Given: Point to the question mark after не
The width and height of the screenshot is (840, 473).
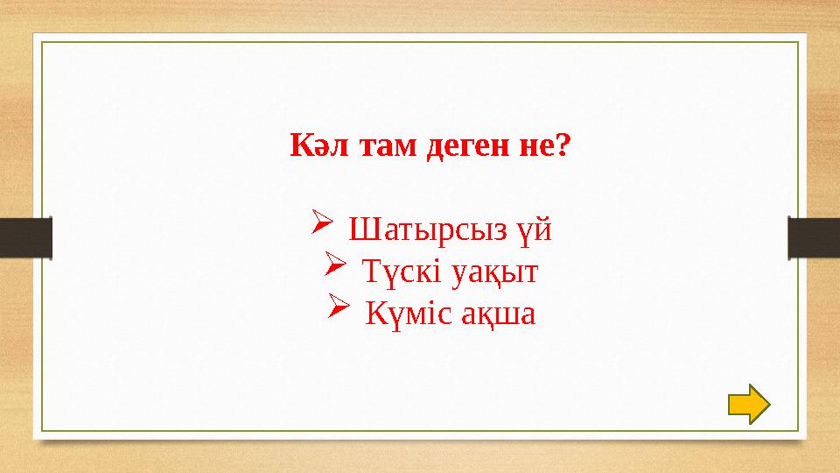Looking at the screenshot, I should pyautogui.click(x=560, y=145).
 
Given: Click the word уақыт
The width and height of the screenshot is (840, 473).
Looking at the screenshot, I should pyautogui.click(x=494, y=273).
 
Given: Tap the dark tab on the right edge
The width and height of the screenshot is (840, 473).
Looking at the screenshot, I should pyautogui.click(x=814, y=238).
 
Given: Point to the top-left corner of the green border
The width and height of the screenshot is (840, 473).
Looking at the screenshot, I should pyautogui.click(x=43, y=41).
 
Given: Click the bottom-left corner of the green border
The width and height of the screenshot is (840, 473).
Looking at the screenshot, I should pyautogui.click(x=43, y=431).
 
